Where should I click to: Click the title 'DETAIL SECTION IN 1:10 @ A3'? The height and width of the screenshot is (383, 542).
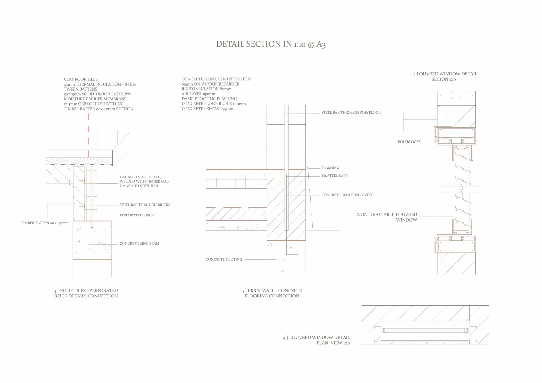[x=271, y=44]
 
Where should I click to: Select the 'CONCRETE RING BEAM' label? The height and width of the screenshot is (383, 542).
[x=139, y=244]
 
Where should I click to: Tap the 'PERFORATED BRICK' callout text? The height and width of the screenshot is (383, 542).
[x=137, y=215]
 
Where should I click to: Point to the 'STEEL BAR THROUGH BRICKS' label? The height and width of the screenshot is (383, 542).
[x=145, y=205]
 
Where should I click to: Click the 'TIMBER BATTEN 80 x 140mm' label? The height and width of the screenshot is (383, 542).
[x=45, y=223]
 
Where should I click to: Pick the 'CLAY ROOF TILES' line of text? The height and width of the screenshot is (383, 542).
[x=81, y=79]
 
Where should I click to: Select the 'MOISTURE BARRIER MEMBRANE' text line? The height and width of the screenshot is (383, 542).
[x=95, y=99]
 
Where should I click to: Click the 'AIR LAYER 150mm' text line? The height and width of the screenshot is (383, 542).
[x=198, y=94]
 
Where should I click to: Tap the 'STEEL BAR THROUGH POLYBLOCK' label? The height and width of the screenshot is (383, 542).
[x=351, y=113]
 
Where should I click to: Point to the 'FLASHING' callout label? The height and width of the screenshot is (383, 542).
[x=330, y=168]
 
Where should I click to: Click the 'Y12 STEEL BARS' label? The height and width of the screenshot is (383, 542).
[x=334, y=176]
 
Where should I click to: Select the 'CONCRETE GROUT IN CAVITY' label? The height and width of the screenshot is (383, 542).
[x=347, y=195]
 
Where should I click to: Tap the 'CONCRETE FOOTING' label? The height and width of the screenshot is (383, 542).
[x=224, y=259]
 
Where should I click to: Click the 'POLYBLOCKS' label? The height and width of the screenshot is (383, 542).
[x=409, y=142]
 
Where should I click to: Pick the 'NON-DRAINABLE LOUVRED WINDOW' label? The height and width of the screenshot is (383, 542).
[x=387, y=217]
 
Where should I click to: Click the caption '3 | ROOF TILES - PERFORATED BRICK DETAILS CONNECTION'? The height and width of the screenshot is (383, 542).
[x=86, y=293]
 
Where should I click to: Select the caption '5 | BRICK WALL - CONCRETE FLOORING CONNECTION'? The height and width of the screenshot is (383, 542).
[x=272, y=293]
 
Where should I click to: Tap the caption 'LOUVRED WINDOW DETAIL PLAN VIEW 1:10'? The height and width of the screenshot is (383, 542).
[x=317, y=340]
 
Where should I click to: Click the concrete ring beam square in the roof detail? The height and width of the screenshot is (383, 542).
[x=92, y=240]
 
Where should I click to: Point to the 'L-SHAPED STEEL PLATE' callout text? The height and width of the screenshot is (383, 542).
[x=144, y=181]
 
